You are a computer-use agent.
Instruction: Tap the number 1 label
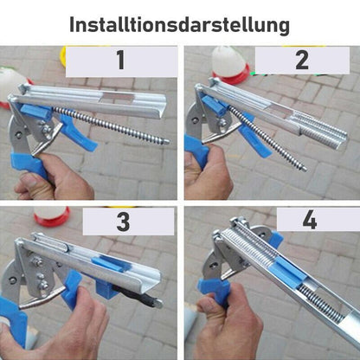tap(119, 61)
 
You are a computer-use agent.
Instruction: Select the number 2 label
tap(301, 61)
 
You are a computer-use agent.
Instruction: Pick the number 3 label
tap(122, 222)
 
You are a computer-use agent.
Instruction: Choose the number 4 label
tap(309, 220)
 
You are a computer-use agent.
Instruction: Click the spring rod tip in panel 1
tap(164, 141)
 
